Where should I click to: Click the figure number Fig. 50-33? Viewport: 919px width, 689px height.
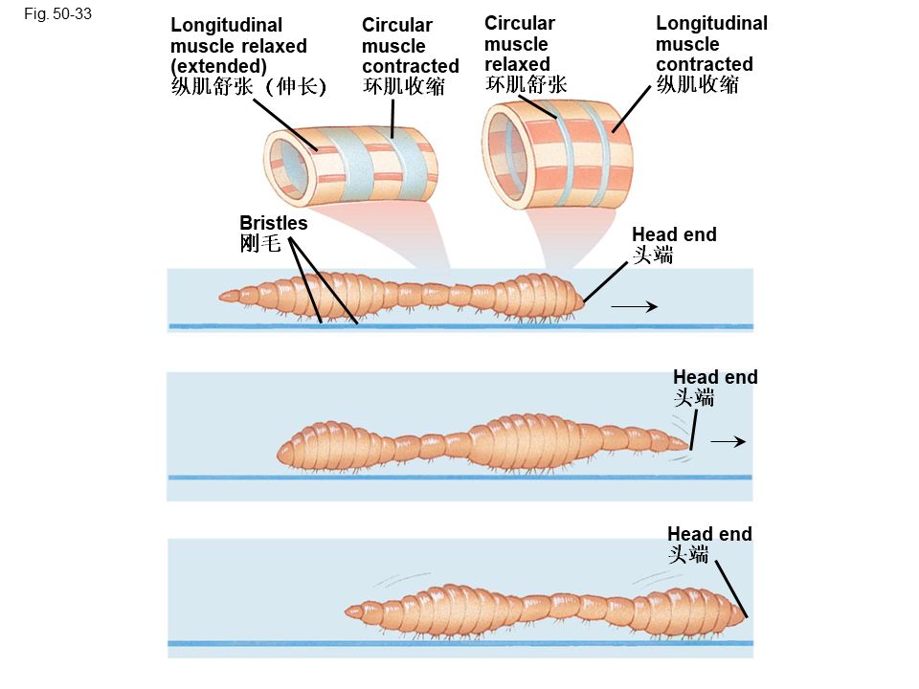59,14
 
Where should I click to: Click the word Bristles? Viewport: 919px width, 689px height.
274,223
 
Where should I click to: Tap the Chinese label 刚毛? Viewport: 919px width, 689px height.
260,244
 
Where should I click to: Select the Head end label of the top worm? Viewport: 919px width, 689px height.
674,234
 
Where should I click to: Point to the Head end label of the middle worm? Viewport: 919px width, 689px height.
715,377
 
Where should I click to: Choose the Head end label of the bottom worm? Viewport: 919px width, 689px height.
709,534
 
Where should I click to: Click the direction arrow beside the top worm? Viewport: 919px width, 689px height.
634,307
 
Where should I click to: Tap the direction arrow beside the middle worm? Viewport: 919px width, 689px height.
728,441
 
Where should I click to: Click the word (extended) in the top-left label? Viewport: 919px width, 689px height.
218,66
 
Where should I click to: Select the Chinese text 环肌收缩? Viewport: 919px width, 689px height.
403,87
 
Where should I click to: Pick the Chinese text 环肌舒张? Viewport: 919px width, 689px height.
527,85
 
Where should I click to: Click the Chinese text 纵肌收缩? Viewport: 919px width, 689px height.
697,85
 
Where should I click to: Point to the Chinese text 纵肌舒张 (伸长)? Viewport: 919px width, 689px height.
249,87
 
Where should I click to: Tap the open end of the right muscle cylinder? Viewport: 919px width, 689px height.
510,156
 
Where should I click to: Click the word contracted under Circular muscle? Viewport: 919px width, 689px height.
410,66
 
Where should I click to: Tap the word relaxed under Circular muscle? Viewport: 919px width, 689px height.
517,64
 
